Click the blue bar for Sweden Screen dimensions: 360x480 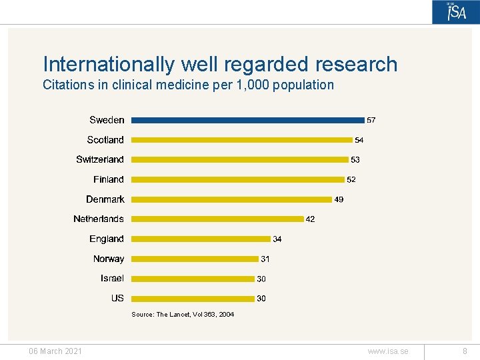tap(247, 120)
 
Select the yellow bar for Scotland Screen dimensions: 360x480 tap(241, 140)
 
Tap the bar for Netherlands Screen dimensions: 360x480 tap(217, 219)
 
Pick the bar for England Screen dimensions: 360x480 tap(201, 239)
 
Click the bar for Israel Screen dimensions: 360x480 tap(193, 279)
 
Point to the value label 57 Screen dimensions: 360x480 tap(371, 121)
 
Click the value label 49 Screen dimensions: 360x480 tap(339, 199)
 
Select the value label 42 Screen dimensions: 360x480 tap(310, 219)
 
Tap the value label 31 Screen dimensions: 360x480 tap(265, 259)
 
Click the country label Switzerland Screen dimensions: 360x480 tap(100, 159)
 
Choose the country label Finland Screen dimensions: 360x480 tap(109, 179)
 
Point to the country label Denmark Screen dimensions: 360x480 tap(105, 199)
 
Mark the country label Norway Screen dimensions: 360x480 tap(109, 259)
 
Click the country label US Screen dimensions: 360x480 tap(117, 298)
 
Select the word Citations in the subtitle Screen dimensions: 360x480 tap(67, 85)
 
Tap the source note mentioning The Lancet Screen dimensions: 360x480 tap(183, 314)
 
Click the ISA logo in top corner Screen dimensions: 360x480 tap(456, 13)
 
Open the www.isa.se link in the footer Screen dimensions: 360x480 tap(387, 351)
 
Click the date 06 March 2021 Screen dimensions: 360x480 tap(55, 351)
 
